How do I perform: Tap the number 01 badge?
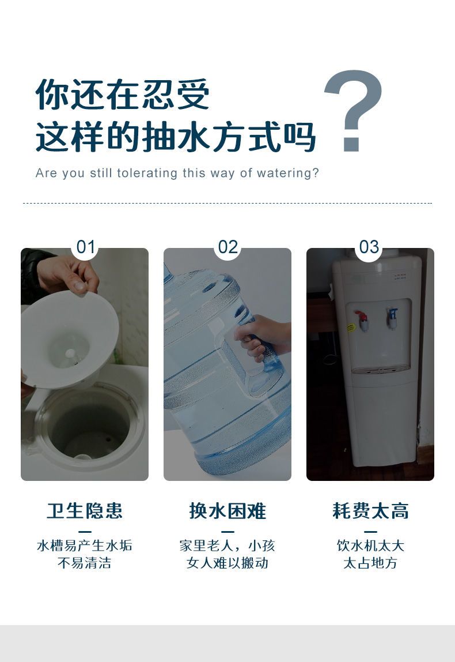tap(86, 247)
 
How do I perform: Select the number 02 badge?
tap(227, 247)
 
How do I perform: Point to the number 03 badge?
tap(369, 247)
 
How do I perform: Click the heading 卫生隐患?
tap(85, 510)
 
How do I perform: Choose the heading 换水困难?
tap(227, 510)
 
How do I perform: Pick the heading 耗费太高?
tap(370, 510)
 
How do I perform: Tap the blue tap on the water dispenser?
tap(393, 318)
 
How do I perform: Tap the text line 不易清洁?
tap(85, 563)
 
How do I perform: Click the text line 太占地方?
tap(370, 563)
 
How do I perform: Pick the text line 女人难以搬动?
tap(227, 563)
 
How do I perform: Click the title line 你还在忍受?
tap(122, 94)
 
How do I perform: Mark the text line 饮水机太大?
tap(370, 546)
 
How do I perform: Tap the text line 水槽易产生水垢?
tap(85, 546)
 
